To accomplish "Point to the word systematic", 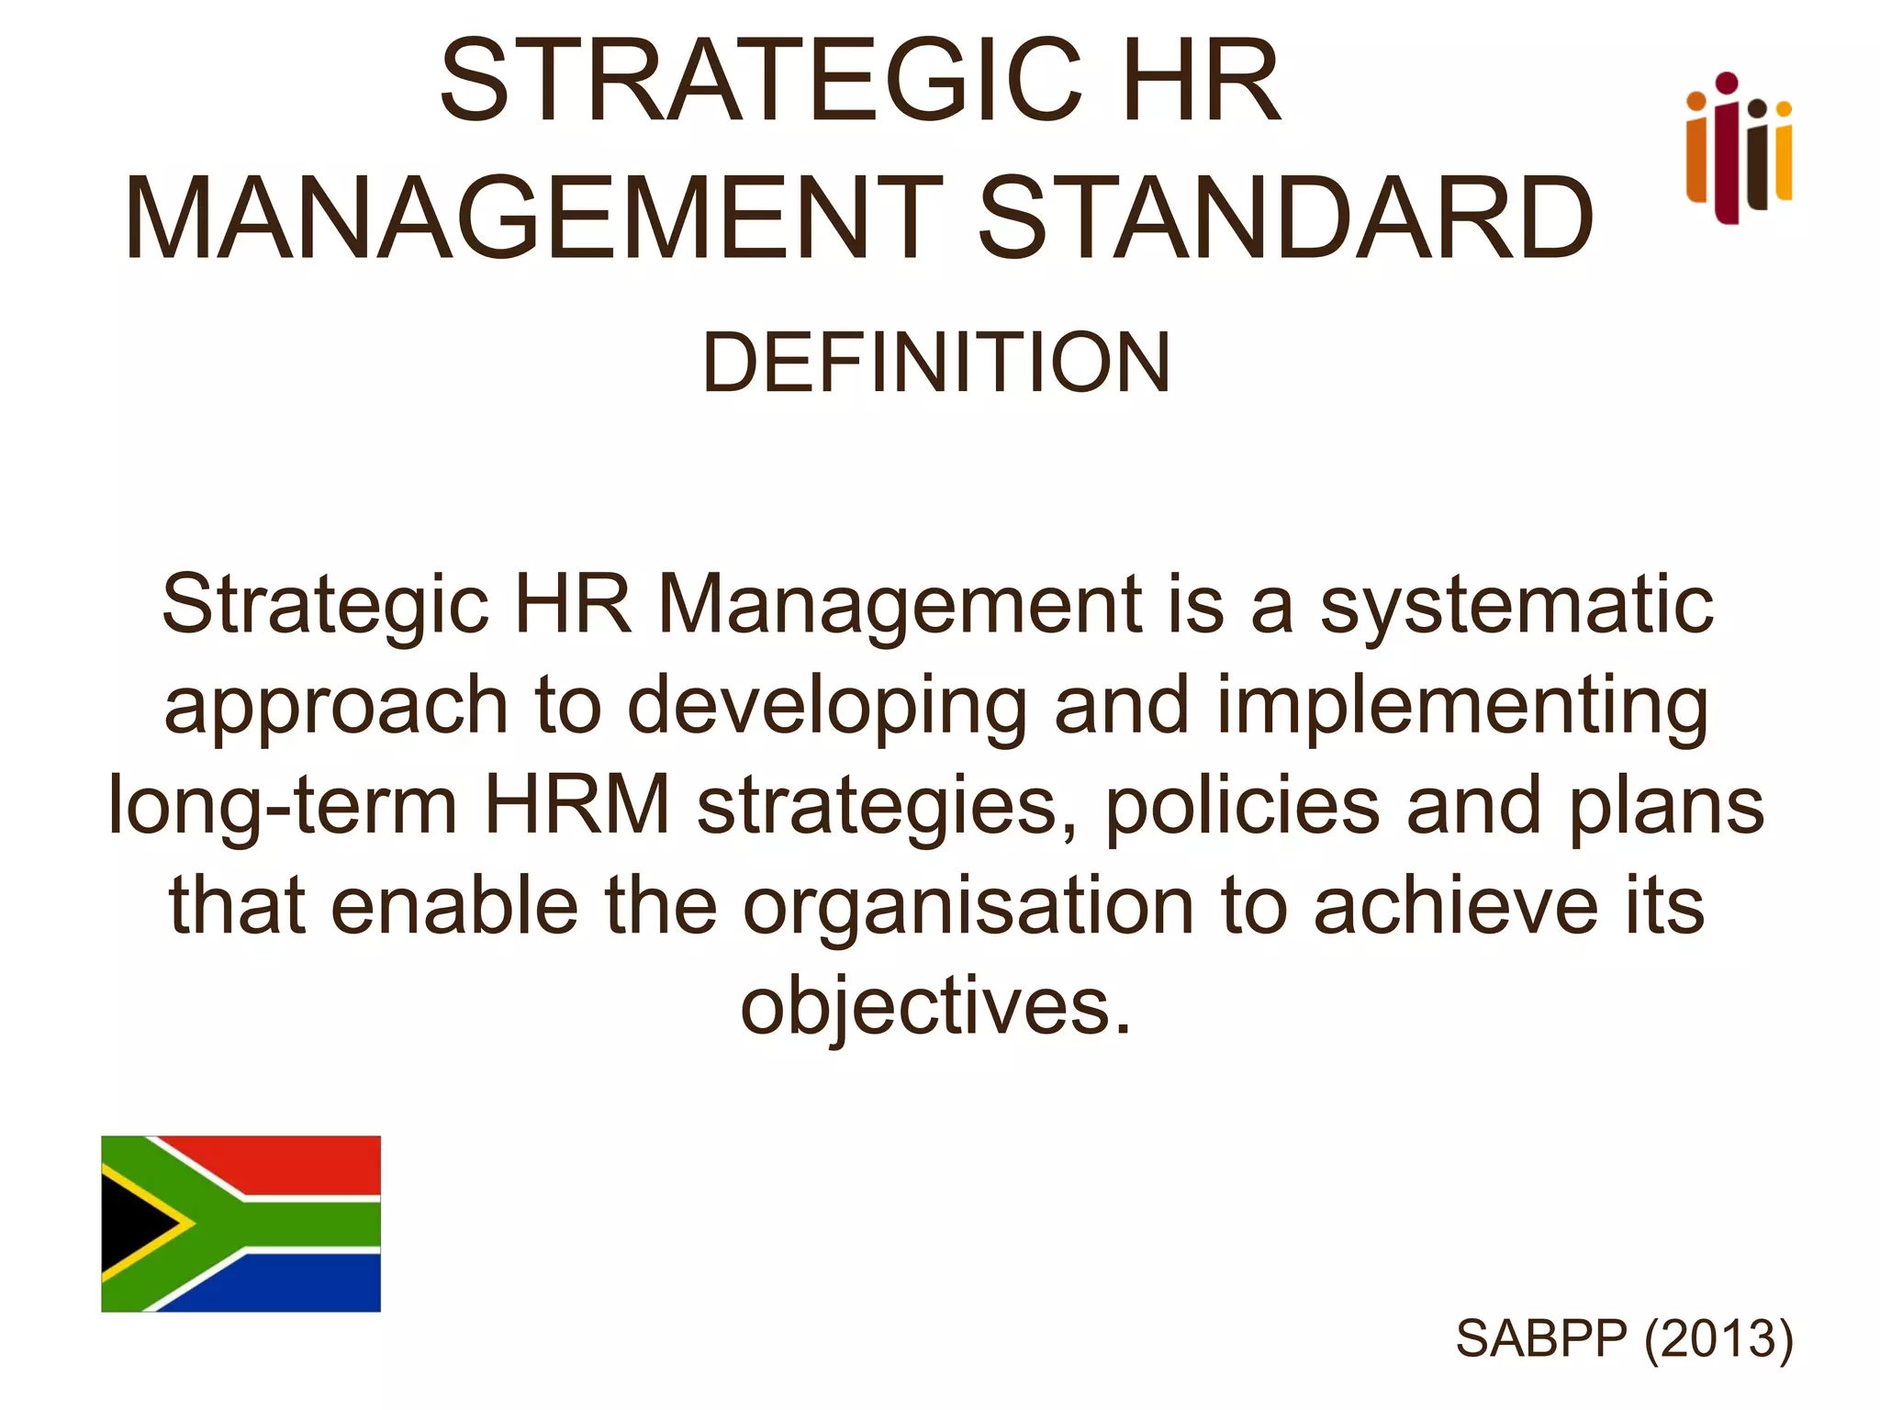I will click(x=1516, y=606).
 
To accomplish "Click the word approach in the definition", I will click(x=336, y=705).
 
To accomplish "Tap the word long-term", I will click(x=283, y=806).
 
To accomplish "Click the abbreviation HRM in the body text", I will click(x=577, y=805).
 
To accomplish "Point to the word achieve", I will click(x=1456, y=906).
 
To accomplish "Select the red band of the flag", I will click(x=294, y=1164).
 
